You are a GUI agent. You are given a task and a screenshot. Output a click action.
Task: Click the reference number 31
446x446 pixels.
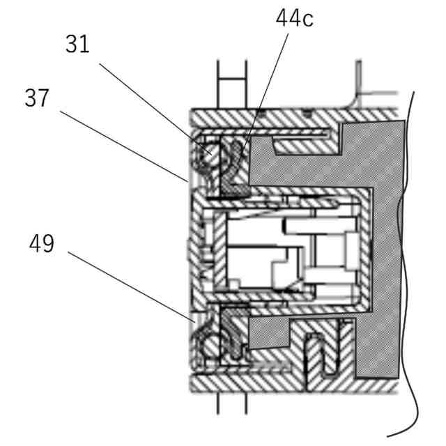[x=78, y=44]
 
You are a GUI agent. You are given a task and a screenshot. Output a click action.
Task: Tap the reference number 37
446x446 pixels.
[x=37, y=98]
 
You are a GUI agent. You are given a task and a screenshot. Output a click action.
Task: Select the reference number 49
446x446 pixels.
[x=42, y=244]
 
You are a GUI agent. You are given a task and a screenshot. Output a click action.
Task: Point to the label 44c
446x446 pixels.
[x=294, y=19]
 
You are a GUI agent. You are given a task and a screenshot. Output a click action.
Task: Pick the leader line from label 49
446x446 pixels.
[x=132, y=286]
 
